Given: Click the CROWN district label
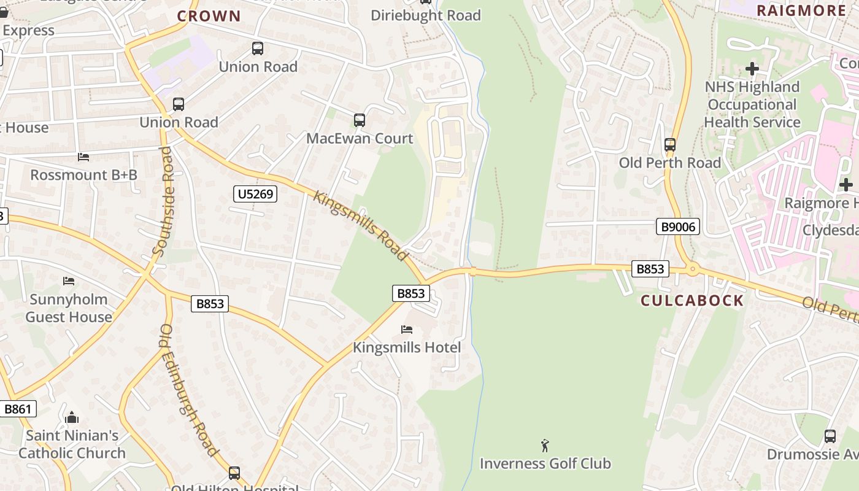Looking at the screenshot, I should [x=209, y=17].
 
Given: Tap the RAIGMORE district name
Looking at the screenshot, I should [x=801, y=10].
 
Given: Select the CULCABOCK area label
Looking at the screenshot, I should [x=692, y=301].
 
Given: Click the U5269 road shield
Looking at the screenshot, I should [x=256, y=195].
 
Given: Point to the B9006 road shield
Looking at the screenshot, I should [x=678, y=227].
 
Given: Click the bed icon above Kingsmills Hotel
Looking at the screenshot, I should [x=406, y=330].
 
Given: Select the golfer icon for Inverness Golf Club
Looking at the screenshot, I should [x=545, y=446].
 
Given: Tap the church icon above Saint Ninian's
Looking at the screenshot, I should [x=72, y=418].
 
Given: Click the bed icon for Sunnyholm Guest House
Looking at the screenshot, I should [x=69, y=281].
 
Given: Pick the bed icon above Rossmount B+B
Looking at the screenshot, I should [x=83, y=157].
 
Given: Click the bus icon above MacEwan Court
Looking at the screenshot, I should [x=360, y=120].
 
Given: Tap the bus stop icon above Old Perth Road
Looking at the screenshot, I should [x=670, y=145].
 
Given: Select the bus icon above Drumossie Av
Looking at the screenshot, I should [x=830, y=436].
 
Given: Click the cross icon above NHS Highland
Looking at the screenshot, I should [x=752, y=69].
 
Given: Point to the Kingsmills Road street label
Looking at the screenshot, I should [x=361, y=225].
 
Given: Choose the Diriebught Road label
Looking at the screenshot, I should [x=426, y=15].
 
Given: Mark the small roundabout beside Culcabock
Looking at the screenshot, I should [x=693, y=269].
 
